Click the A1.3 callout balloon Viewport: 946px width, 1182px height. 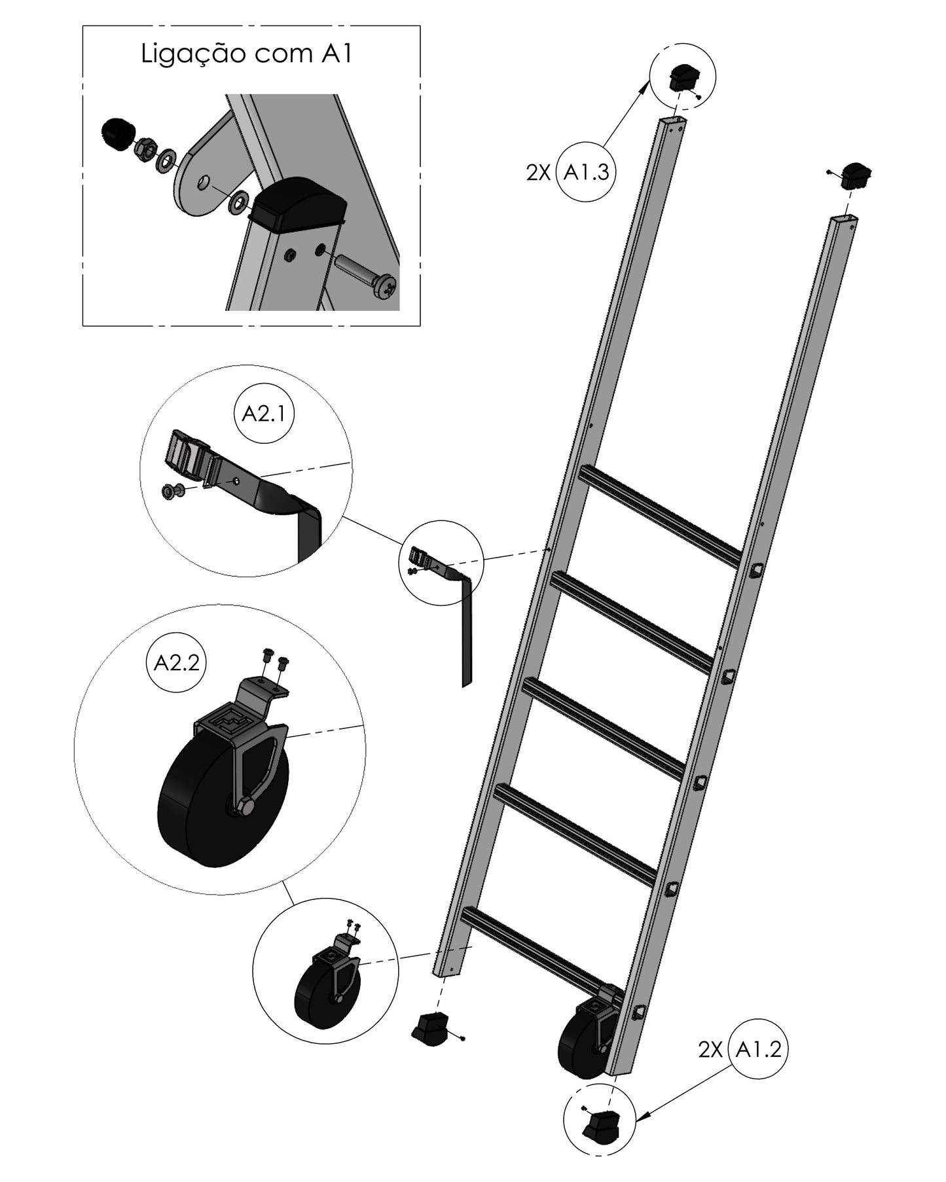[x=586, y=172]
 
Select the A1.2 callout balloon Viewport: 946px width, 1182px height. [x=758, y=1049]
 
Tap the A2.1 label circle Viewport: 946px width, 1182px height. [x=264, y=414]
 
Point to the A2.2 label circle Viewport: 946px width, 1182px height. [x=176, y=663]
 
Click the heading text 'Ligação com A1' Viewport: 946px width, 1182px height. [x=247, y=54]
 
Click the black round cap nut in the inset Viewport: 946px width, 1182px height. [x=117, y=134]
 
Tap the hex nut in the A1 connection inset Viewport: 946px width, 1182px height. [x=145, y=151]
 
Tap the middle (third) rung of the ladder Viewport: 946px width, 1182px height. [x=605, y=729]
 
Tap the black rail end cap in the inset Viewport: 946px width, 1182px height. [x=299, y=204]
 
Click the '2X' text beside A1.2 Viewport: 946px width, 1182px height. [x=710, y=1050]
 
